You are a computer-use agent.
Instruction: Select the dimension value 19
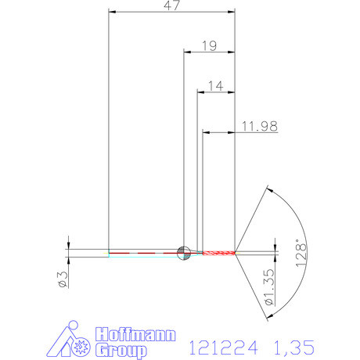tap(209, 45)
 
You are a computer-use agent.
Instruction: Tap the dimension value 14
tap(216, 84)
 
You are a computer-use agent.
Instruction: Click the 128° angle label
tap(302, 255)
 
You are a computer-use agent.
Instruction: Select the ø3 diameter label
tap(63, 278)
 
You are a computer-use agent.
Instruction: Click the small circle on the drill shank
tap(184, 251)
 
